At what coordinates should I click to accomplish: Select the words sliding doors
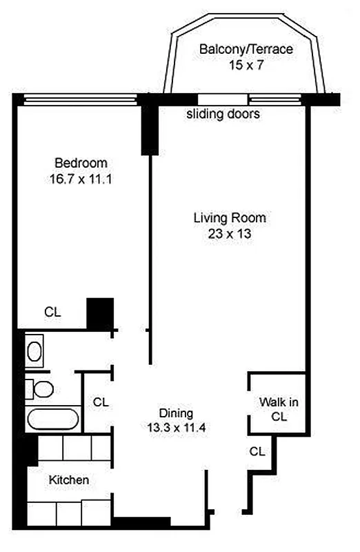point(223,115)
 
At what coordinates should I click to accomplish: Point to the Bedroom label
point(81,163)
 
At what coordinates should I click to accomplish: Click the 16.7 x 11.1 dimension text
point(81,179)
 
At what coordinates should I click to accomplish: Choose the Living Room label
point(229,218)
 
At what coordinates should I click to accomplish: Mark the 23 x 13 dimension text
point(229,234)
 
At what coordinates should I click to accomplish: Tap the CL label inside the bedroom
point(52,312)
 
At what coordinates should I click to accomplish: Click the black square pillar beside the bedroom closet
point(99,313)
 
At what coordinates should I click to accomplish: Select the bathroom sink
point(34,351)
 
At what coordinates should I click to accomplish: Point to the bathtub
point(52,420)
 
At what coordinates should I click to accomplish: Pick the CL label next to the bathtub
point(100,401)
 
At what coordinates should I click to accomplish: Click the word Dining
point(176,413)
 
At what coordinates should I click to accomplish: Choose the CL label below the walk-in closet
point(257,451)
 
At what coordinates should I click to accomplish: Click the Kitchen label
point(68,480)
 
